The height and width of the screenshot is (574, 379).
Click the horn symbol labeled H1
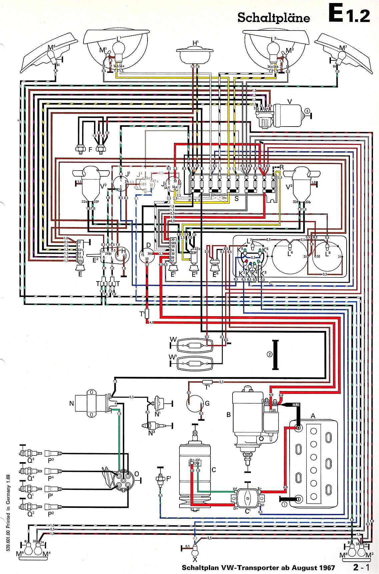click(x=195, y=55)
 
